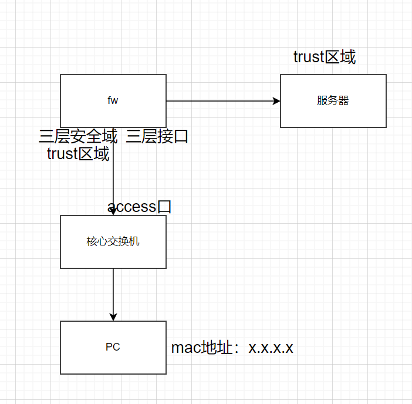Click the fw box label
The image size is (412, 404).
click(113, 100)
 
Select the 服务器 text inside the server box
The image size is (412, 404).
click(333, 100)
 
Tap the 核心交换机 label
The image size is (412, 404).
click(113, 241)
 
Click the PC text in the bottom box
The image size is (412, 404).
click(113, 347)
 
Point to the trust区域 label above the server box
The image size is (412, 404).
click(325, 57)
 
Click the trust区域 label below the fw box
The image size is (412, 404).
click(78, 154)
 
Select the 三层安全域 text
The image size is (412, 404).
click(78, 137)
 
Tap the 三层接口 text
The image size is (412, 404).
click(157, 137)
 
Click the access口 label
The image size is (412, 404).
click(139, 207)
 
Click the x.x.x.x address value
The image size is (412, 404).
click(271, 348)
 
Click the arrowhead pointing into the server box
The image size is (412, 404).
click(276, 101)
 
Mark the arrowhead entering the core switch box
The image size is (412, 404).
click(113, 211)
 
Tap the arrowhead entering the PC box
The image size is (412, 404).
click(113, 317)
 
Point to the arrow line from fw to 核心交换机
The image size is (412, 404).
click(113, 176)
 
